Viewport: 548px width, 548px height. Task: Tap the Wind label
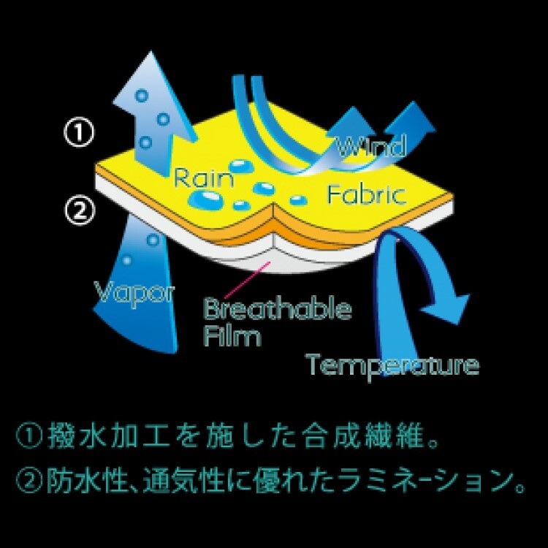coord(370,147)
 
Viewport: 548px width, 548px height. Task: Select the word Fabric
coord(365,195)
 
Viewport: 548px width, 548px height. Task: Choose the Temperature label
coord(393,363)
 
